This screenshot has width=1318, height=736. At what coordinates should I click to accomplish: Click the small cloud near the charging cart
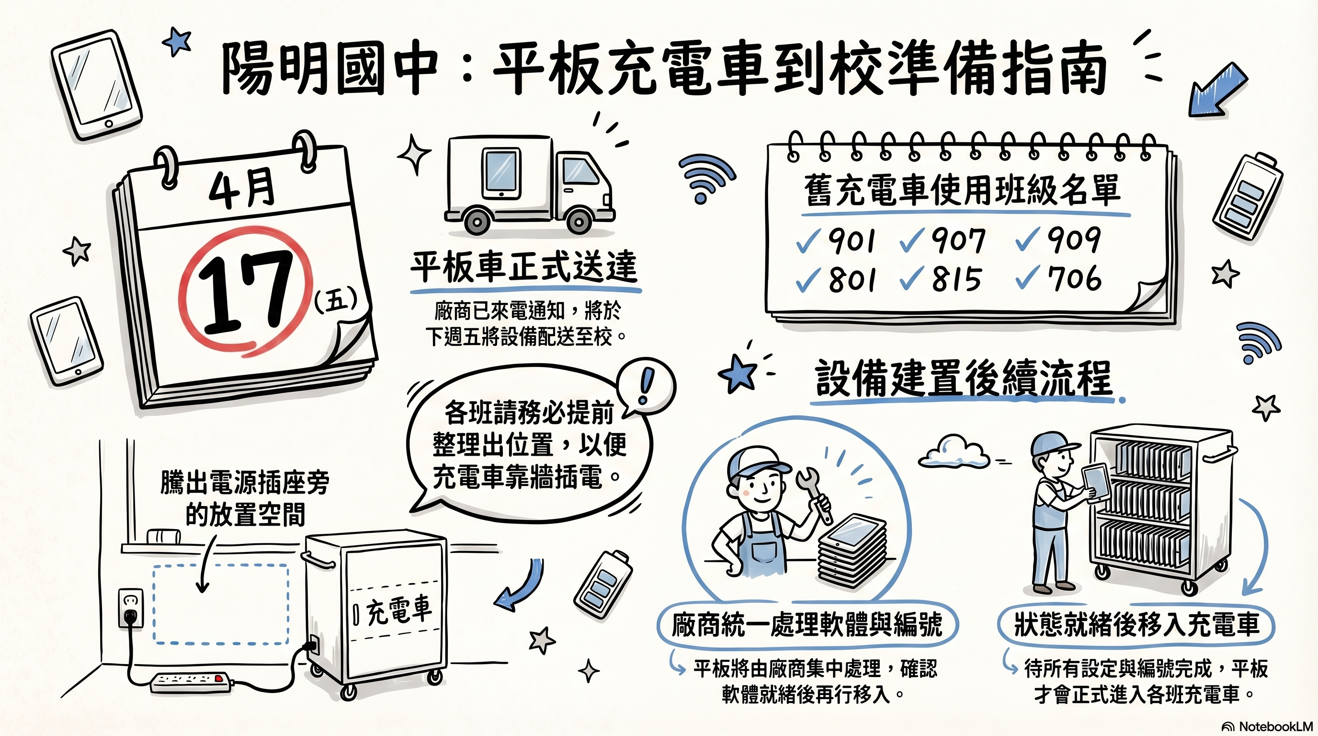tap(953, 452)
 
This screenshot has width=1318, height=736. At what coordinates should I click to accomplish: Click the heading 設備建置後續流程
tap(964, 379)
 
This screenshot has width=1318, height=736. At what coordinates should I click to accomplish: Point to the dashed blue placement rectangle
tap(221, 604)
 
